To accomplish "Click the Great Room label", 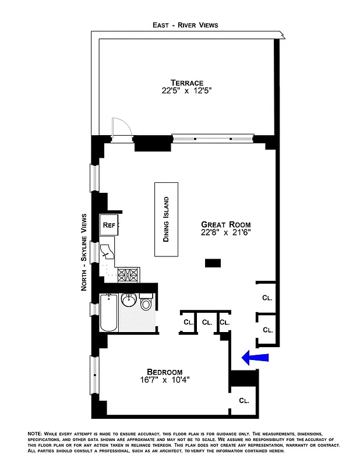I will pos(225,224).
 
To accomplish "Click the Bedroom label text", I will pos(164,372).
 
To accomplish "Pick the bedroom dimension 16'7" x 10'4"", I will pos(164,381).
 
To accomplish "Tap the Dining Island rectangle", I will pos(165,219).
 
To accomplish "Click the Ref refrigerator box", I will pos(109,225).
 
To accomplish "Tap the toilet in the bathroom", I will pos(146,303).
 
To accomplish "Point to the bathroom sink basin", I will pos(128,302).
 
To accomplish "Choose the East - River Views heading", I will pos(186,25).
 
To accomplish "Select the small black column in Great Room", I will pos(213,263).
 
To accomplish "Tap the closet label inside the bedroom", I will pos(244,401).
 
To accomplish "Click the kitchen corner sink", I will pos(107,252).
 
